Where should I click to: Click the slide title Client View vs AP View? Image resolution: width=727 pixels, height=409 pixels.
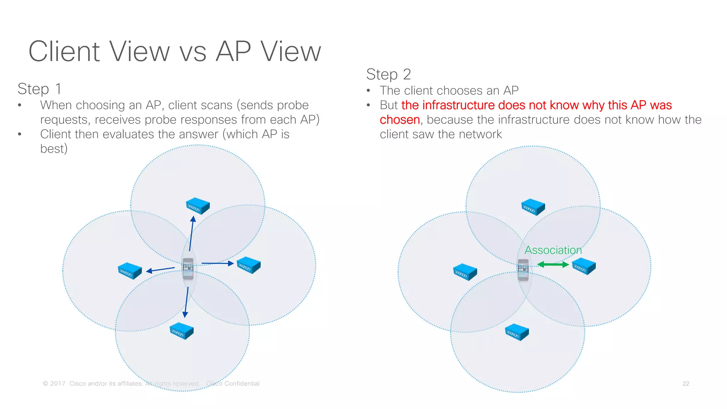point(175,52)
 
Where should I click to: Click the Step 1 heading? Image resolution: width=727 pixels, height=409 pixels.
point(39,89)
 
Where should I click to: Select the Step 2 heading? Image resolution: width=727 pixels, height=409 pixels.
point(388,75)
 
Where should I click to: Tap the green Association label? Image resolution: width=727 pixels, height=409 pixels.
point(553,250)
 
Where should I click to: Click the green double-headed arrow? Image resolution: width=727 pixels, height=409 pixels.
point(553,265)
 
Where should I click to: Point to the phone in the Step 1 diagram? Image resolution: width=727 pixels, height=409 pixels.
point(188,269)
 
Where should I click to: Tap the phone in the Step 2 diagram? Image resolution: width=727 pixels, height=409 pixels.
point(523,270)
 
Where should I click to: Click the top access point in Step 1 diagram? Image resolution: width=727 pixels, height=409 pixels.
point(198,206)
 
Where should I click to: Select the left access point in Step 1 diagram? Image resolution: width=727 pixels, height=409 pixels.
point(130,271)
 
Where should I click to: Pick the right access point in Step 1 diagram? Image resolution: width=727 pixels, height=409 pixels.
point(248,265)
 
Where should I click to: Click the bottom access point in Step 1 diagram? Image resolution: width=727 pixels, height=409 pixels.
point(181,331)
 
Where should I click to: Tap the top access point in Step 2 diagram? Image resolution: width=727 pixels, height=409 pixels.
point(533,207)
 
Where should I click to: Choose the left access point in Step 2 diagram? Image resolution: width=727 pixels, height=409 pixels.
point(465,272)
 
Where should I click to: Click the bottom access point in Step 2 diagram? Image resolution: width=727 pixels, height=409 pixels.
point(516,332)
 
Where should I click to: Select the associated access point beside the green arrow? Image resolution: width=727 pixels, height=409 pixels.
point(584,266)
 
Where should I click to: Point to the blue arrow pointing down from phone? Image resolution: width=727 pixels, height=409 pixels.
point(186,302)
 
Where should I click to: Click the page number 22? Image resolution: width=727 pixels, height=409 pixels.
point(685,384)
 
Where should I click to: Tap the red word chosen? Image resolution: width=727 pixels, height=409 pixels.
point(400,120)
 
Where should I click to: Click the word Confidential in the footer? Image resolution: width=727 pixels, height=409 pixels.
point(242,384)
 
